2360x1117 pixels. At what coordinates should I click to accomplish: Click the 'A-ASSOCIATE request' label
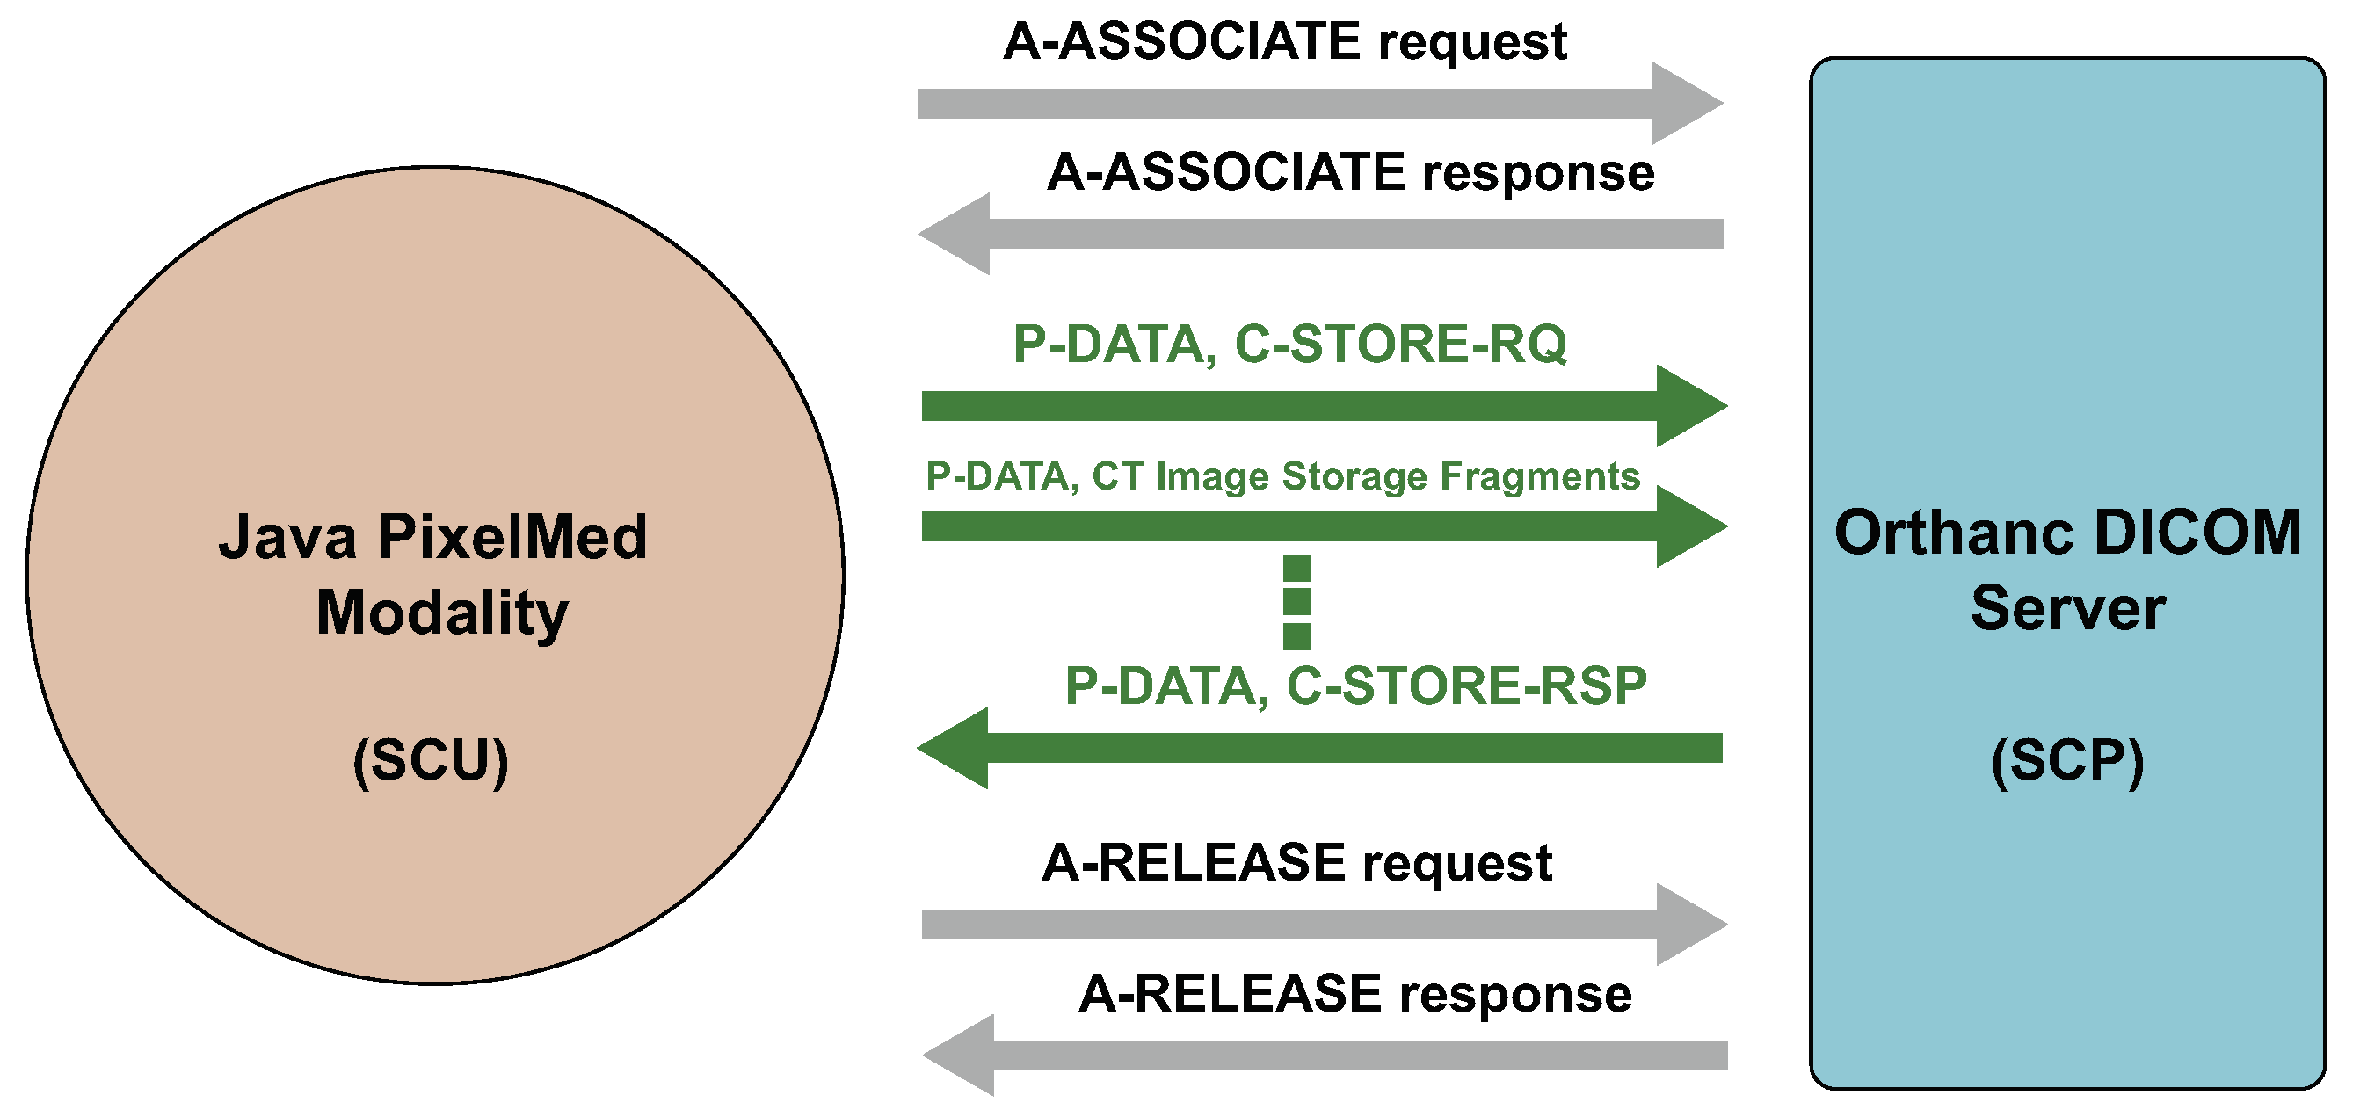point(1284,42)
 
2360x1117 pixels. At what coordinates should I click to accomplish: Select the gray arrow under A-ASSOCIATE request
point(1320,104)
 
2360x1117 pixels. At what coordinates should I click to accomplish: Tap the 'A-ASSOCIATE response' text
point(1350,172)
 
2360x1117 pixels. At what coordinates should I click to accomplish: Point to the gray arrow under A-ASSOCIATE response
point(1320,234)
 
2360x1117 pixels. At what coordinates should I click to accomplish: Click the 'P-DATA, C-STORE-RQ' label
point(1289,345)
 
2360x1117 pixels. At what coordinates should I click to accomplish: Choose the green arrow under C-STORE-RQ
point(1325,406)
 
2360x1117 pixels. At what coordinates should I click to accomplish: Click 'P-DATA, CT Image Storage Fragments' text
point(1282,476)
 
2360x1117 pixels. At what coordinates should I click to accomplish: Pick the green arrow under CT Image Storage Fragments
point(1325,527)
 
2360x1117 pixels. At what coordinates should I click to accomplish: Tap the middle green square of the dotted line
point(1296,602)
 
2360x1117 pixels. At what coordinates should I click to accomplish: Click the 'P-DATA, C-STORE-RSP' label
point(1355,686)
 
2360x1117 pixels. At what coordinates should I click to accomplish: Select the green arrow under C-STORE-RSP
point(1319,748)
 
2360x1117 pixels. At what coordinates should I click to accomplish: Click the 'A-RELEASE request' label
point(1296,863)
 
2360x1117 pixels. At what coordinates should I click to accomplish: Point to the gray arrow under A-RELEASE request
point(1325,925)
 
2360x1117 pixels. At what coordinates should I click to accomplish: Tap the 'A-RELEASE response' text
point(1355,994)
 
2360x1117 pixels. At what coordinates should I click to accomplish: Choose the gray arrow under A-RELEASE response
point(1325,1055)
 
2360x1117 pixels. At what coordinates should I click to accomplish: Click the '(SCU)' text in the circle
point(431,760)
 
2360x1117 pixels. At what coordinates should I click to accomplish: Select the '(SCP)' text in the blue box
point(2068,760)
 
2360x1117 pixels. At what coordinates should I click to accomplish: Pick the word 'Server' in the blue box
point(2068,608)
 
